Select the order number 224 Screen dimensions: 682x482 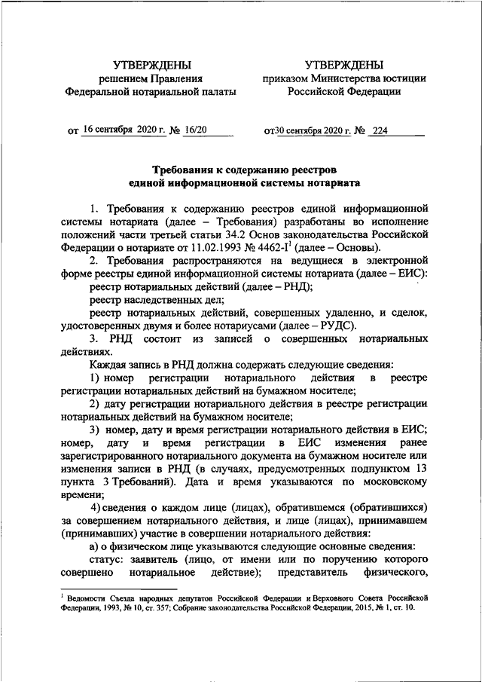(380, 130)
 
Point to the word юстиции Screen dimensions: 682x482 (405, 78)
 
